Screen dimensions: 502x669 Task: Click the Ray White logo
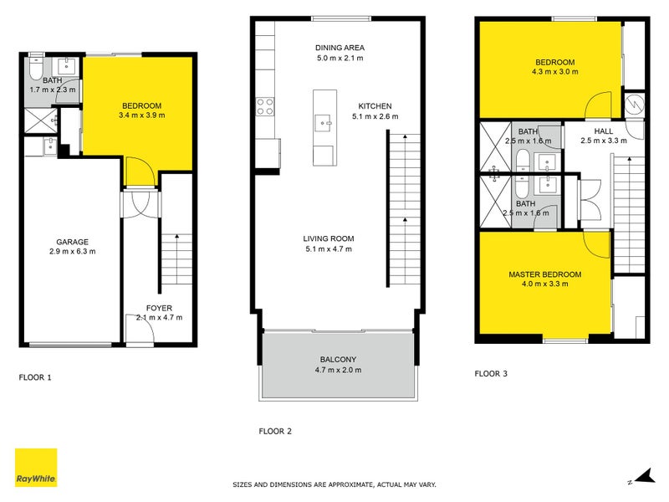click(36, 468)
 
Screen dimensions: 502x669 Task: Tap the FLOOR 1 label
click(35, 377)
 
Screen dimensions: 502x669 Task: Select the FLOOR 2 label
click(275, 432)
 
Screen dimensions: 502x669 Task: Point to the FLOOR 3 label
click(492, 374)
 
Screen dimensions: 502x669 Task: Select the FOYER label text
click(159, 307)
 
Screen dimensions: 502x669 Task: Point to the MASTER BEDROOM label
click(544, 274)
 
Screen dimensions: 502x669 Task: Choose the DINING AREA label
click(340, 48)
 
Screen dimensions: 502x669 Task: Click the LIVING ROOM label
click(328, 238)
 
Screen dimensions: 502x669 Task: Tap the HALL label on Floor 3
click(603, 131)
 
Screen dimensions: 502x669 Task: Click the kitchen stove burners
click(265, 105)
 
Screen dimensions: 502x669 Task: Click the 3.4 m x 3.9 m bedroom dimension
click(141, 115)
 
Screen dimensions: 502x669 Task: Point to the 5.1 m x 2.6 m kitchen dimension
click(375, 116)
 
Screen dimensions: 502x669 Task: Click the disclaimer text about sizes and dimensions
click(334, 484)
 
